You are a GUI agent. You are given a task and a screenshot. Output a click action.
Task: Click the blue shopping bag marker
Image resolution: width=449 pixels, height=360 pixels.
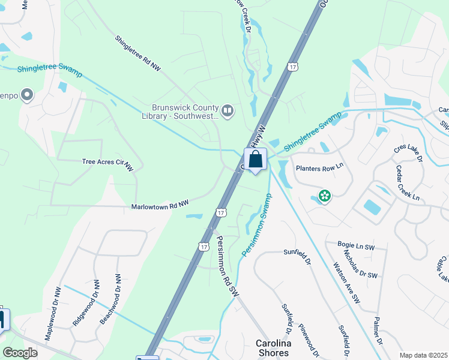tap(255, 160)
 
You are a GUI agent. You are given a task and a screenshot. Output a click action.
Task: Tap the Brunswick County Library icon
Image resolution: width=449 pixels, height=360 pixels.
tap(228, 109)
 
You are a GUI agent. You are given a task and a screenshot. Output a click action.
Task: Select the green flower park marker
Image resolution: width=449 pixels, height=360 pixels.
tap(325, 196)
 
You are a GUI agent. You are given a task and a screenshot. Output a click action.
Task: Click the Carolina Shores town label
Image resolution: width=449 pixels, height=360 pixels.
tap(273, 348)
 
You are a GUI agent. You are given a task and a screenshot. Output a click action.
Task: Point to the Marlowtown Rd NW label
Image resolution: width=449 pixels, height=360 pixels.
tap(160, 206)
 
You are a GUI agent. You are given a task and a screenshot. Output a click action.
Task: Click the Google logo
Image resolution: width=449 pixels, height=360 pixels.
tap(20, 353)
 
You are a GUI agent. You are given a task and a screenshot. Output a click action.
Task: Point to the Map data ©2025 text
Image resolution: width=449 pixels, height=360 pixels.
tap(423, 355)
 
